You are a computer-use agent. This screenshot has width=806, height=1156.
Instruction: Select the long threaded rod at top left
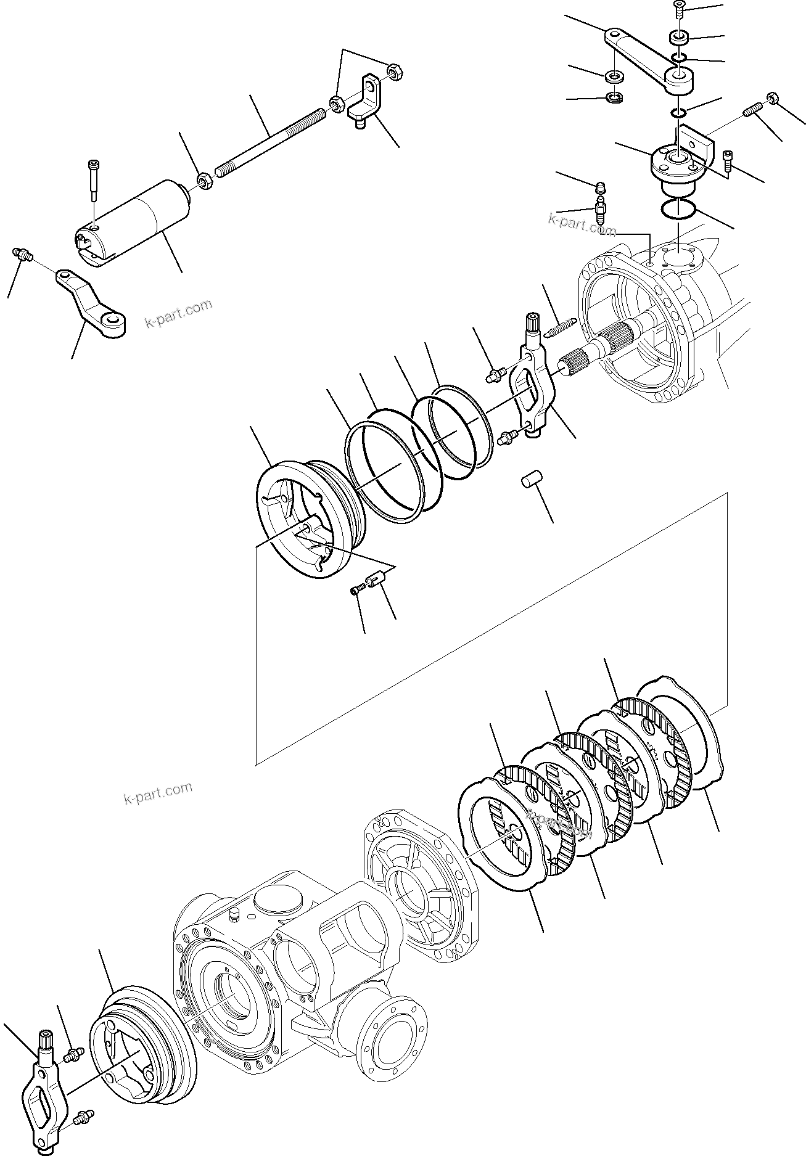(x=271, y=139)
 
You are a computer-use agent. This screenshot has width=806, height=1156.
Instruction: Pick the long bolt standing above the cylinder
(x=94, y=179)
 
